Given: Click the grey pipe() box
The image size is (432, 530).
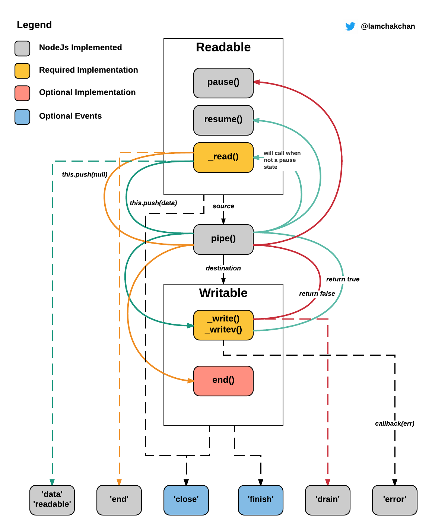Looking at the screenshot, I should point(223,239).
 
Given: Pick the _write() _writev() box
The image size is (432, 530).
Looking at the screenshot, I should point(223,325).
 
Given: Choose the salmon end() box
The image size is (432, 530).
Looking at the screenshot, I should point(223,381).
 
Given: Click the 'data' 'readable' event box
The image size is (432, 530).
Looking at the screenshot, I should point(52,500).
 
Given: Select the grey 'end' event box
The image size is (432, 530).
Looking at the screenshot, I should point(119,500).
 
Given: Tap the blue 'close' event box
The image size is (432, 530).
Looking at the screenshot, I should point(186,500).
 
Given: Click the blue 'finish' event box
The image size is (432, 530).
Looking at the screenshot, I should point(261,500).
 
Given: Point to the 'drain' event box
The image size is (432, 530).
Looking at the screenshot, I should point(328,500).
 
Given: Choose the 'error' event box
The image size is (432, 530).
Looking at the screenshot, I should point(395,500).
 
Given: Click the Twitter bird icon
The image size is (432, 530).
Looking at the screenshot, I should point(350,26).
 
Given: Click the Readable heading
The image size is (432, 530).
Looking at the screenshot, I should point(223,47).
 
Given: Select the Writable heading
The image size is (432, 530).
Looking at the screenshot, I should point(223,293).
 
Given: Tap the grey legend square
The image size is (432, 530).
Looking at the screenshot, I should point(22,48).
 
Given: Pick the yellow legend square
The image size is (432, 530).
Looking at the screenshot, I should point(22,71).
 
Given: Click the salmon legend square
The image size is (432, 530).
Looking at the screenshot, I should point(22,93).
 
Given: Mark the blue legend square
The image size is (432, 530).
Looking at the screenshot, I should point(22,117).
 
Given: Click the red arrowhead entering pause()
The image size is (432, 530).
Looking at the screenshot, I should point(256,82).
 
